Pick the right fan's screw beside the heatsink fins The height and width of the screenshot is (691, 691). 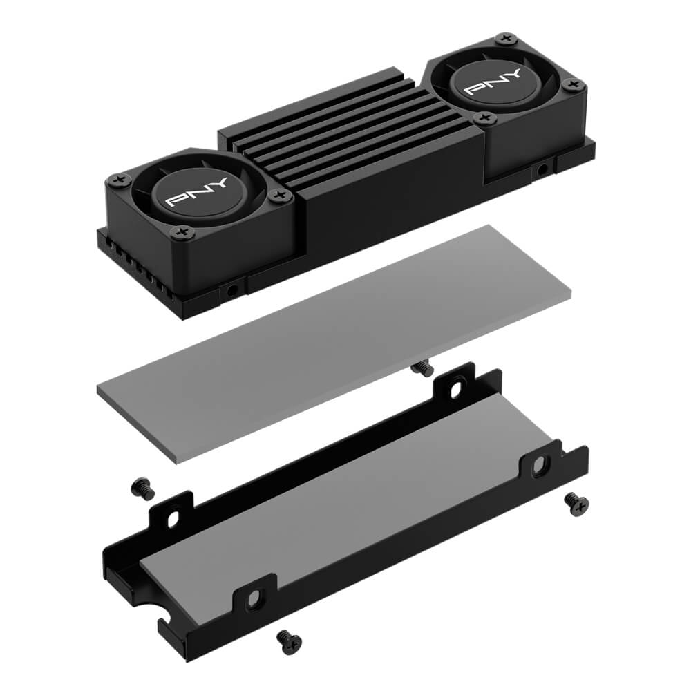point(485,118)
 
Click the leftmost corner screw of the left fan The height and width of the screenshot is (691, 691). point(119,180)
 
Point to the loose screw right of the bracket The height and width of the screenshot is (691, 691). point(576,504)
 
